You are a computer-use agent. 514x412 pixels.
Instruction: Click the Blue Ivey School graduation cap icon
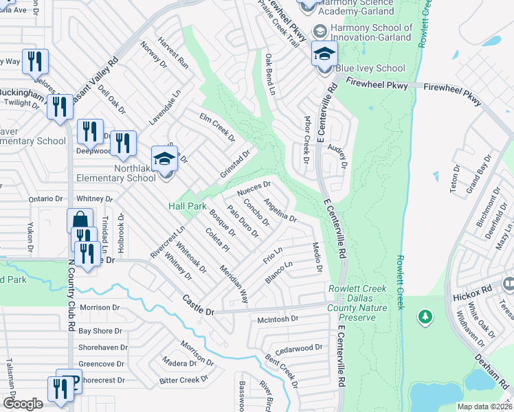[325, 54]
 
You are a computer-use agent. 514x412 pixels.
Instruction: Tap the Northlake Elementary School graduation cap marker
[164, 159]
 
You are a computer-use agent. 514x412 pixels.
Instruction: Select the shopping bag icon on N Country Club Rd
[80, 221]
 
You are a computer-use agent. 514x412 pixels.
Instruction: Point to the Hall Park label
[188, 206]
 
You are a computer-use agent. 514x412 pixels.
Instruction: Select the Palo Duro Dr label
[243, 222]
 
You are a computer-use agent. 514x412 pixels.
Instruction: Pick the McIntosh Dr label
[277, 319]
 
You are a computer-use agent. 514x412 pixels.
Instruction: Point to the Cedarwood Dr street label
[298, 347]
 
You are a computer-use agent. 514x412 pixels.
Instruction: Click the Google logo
[23, 403]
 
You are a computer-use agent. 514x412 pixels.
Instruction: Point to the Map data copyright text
[484, 407]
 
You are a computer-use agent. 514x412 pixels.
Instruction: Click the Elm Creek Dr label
[217, 126]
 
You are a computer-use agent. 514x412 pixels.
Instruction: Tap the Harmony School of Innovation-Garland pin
[320, 32]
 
